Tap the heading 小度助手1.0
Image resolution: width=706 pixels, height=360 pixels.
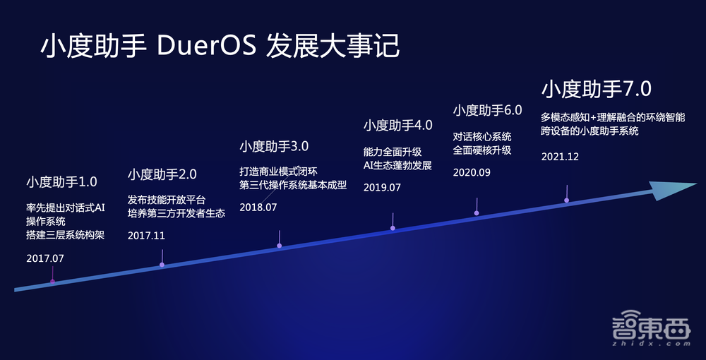click(x=61, y=182)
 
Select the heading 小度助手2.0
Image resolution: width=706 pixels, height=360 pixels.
click(x=162, y=174)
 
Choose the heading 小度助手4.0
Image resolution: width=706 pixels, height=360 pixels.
click(x=397, y=126)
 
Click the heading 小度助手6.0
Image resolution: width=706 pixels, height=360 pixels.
click(x=487, y=110)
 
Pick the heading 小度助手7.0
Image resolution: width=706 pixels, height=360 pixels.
click(x=597, y=89)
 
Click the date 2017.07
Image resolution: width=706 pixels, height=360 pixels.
click(x=45, y=258)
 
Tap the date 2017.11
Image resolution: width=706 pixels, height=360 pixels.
click(x=146, y=236)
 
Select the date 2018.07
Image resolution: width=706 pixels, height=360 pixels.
click(x=258, y=208)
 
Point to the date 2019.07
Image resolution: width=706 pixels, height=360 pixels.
click(x=382, y=187)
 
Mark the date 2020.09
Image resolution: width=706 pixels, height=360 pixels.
click(x=472, y=172)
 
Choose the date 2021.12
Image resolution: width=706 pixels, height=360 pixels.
click(x=560, y=157)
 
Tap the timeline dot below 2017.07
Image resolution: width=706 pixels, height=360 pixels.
click(x=52, y=282)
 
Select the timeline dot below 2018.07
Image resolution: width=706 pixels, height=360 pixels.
click(x=280, y=246)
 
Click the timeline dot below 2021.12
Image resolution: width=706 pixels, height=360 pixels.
click(x=567, y=200)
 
